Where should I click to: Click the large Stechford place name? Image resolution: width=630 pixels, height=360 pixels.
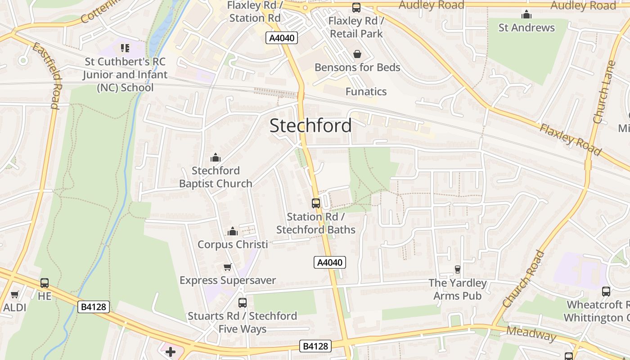pos(310,126)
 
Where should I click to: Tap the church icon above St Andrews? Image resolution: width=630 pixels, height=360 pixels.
pos(526,14)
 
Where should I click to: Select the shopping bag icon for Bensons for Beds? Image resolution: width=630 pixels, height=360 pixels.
pos(357,54)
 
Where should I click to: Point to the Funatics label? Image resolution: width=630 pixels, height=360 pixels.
pos(366,92)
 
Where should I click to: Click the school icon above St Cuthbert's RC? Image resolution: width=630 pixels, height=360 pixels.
pos(125,48)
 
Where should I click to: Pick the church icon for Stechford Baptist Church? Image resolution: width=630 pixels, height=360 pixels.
pos(216,157)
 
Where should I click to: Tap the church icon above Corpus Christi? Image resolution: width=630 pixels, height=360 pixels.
pos(232,231)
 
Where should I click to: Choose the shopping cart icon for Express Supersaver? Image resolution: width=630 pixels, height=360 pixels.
pos(228,267)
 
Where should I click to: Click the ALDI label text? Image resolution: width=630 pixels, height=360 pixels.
pos(15,308)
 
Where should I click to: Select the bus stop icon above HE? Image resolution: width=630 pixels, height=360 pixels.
pos(45,283)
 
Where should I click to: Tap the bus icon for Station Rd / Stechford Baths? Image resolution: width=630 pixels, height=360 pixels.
pos(316,203)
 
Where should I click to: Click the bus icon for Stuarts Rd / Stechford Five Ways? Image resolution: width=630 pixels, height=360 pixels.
pos(243,303)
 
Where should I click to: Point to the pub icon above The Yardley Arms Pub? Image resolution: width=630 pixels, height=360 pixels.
pos(458,270)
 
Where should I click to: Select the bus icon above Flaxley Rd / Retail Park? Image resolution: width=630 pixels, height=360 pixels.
pos(356,8)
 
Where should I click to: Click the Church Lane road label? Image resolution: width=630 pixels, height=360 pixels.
pos(604,92)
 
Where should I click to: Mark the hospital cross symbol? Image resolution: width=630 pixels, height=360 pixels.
pos(171,351)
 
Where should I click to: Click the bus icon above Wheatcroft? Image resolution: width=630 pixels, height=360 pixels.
pos(606,292)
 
